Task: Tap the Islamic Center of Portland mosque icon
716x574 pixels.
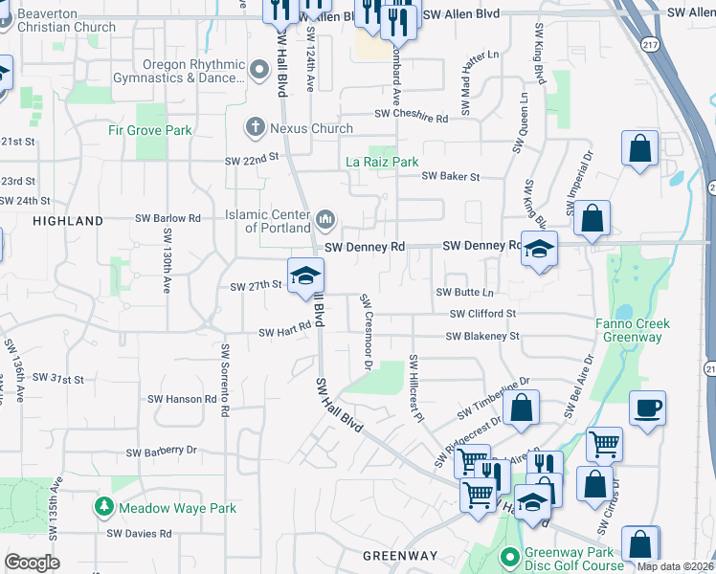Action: pos(325,221)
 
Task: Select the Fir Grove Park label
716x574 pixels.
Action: pos(149,130)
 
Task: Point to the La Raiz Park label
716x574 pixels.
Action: pos(382,163)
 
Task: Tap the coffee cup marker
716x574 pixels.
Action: pos(647,408)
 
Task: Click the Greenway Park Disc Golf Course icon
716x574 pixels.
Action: pos(510,554)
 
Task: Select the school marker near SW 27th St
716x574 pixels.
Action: pos(306,276)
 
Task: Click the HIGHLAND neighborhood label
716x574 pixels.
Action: pos(68,221)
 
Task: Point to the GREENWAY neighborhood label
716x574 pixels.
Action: pos(400,556)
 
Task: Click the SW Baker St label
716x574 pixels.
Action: pos(450,177)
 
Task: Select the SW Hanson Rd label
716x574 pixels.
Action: pos(182,399)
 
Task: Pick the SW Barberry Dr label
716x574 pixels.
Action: pos(161,451)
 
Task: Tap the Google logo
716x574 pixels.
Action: pos(32,563)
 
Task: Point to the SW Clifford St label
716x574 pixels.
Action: pos(483,314)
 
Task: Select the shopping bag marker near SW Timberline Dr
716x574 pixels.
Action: pos(521,407)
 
